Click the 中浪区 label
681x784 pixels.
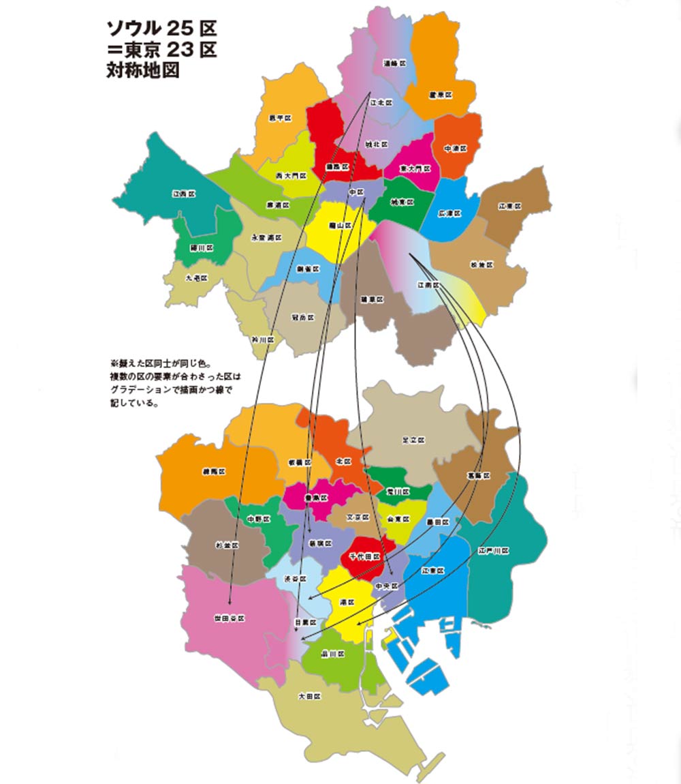coord(456,148)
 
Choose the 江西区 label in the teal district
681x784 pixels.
coord(184,194)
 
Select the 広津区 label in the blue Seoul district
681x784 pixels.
coord(449,213)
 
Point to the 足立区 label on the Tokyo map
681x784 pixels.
coord(413,440)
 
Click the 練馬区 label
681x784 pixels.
coord(213,471)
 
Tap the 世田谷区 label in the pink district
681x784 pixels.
coord(229,618)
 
